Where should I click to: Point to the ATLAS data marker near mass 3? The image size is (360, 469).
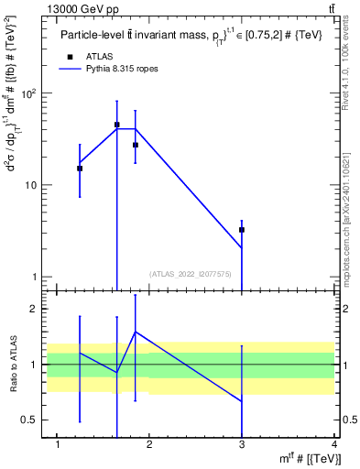242,230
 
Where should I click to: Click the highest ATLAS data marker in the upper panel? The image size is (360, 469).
117,125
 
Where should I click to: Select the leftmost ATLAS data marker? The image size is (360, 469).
80,169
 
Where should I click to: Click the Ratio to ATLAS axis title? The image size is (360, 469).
13,365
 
